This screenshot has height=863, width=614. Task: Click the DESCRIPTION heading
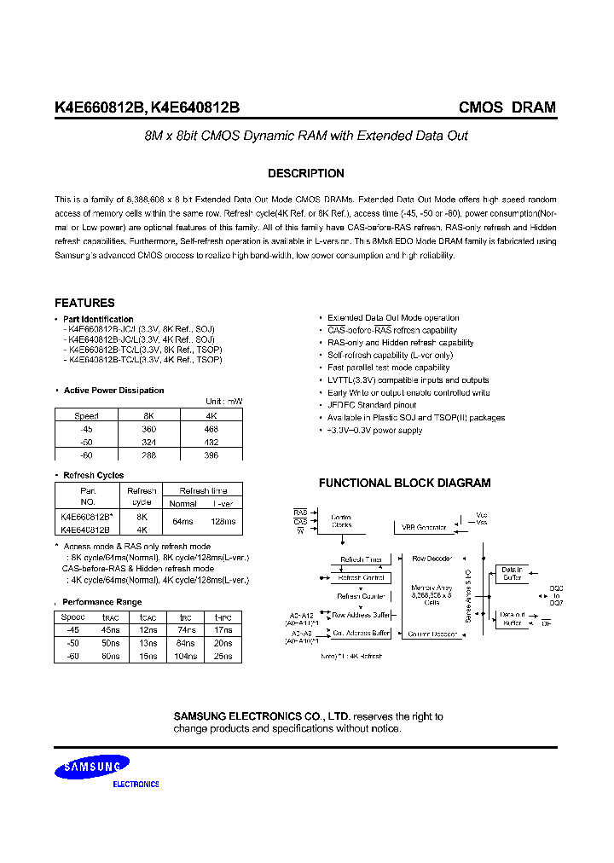tap(306, 173)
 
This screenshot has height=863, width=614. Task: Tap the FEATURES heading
tap(84, 303)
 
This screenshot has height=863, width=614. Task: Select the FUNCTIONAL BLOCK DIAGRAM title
tap(404, 483)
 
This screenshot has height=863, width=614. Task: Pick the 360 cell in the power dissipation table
tap(149, 430)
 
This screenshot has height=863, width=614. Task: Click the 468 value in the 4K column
tap(211, 430)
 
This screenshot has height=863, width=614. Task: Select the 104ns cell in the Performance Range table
tap(186, 656)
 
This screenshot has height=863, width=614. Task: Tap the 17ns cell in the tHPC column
tap(223, 630)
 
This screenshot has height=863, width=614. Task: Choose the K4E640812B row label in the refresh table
tap(85, 529)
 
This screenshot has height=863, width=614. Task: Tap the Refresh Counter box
tap(360, 597)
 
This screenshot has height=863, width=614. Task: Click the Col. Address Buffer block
tap(361, 634)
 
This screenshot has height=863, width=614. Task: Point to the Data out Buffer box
tap(512, 618)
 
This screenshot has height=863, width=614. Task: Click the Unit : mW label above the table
tap(223, 401)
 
